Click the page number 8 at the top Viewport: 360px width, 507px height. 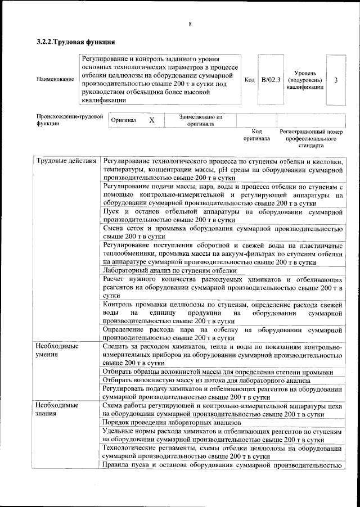pyautogui.click(x=190, y=24)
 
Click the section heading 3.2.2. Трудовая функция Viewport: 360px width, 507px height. pyautogui.click(x=76, y=42)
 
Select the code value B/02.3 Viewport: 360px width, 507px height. pyautogui.click(x=271, y=80)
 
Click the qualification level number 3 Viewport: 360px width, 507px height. pyautogui.click(x=336, y=80)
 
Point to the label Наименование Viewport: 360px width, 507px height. pyautogui.click(x=55, y=80)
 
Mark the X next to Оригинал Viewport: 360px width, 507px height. pyautogui.click(x=151, y=120)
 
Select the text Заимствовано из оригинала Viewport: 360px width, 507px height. pyautogui.click(x=200, y=120)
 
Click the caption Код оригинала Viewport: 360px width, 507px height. pyautogui.click(x=256, y=134)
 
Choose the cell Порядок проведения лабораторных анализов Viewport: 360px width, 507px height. pyautogui.click(x=173, y=422)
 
